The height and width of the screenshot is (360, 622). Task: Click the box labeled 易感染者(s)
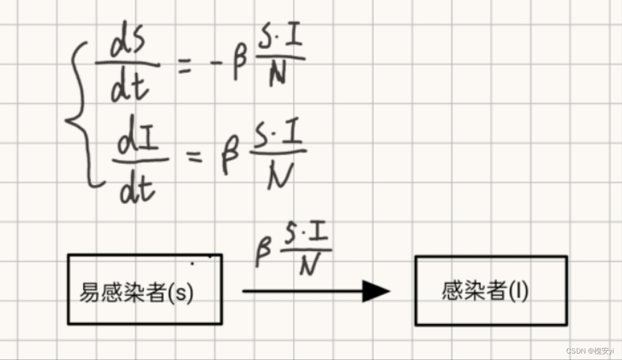point(145,290)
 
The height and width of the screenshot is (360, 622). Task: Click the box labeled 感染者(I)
point(491,291)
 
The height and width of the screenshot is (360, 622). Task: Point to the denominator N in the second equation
point(280,175)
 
